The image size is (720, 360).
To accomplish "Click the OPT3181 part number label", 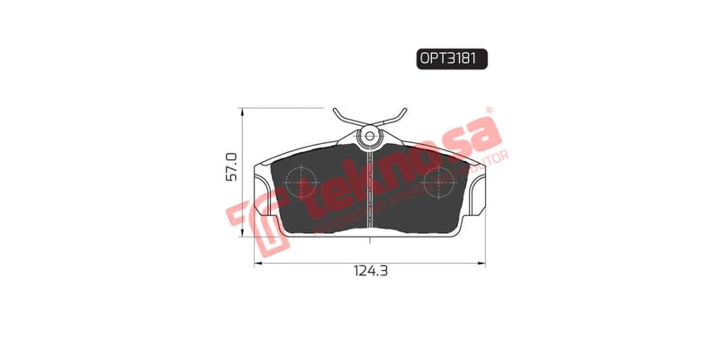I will tap(451, 58).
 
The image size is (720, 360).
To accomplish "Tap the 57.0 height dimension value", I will tap(231, 168).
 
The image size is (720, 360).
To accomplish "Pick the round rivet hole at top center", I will tap(369, 137).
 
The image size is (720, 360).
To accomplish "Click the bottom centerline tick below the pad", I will tap(369, 240).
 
